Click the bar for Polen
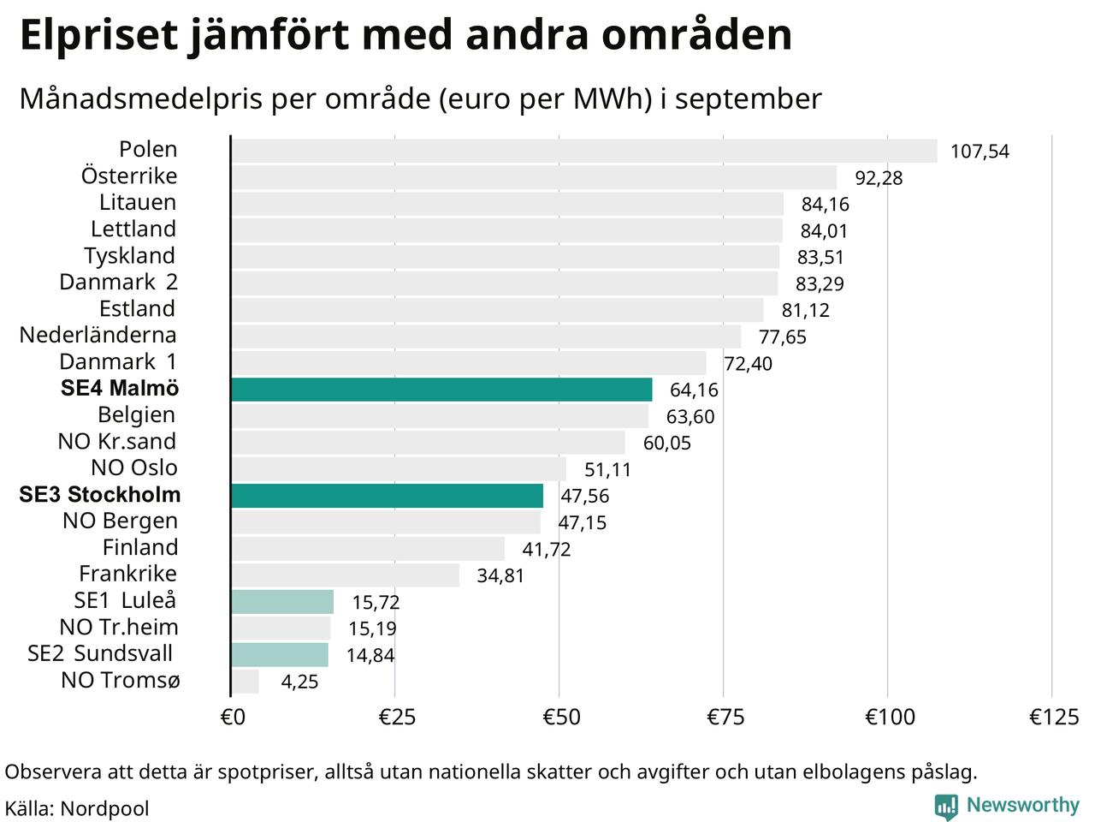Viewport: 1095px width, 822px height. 583,151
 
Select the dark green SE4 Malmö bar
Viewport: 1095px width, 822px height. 441,390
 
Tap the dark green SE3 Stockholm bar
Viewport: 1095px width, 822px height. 387,496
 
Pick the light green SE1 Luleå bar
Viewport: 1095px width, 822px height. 282,602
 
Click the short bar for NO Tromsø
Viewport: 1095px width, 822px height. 246,682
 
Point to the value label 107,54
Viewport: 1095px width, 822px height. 980,152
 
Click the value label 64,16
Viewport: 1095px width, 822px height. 694,390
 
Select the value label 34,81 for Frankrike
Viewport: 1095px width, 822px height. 500,575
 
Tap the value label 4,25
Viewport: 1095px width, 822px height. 299,682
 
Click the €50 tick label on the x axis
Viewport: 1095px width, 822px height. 561,717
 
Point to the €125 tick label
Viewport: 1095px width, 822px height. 1054,717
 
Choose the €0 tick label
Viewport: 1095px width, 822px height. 233,717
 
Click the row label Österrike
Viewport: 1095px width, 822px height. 129,176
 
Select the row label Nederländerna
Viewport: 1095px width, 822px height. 98,336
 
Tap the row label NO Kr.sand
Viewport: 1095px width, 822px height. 117,442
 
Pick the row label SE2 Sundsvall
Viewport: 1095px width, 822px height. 100,654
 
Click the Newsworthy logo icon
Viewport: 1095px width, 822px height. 946,806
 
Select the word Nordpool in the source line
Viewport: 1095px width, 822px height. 105,808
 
